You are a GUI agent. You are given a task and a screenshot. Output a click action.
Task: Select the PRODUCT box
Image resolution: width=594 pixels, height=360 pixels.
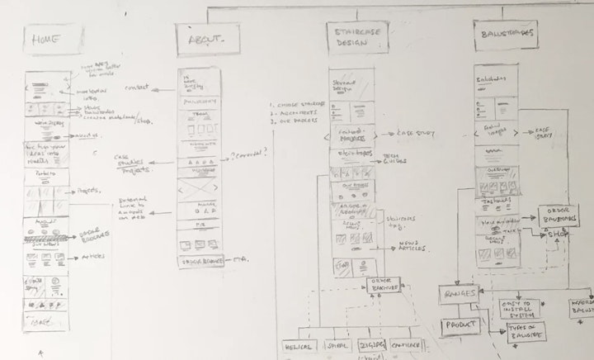point(460,325)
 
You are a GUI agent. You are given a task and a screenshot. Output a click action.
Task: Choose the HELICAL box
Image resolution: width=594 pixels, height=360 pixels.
point(301,345)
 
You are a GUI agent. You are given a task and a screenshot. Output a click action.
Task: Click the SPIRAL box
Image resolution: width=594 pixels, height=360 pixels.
point(338,345)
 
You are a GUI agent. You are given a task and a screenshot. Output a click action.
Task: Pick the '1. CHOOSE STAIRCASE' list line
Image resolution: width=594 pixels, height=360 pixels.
point(295,106)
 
